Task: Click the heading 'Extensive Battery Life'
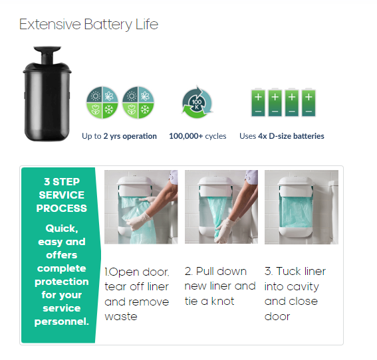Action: coord(88,25)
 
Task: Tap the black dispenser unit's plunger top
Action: coord(47,49)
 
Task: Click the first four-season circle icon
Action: coord(102,102)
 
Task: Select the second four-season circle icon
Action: coord(138,102)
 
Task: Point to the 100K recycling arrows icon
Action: coord(197,102)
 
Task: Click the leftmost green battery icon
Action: coord(258,103)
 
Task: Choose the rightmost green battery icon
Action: coord(309,103)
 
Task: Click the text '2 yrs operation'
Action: coord(130,136)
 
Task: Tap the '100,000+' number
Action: coord(186,136)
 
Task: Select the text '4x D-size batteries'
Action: coord(291,136)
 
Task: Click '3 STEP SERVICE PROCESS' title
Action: coord(62,195)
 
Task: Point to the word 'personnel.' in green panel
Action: coord(62,321)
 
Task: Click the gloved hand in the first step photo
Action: coord(138,221)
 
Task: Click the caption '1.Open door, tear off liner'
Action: coord(137,280)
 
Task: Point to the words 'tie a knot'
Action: coord(209,302)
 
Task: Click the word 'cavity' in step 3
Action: coord(303,287)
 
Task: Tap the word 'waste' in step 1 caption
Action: coord(121,317)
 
